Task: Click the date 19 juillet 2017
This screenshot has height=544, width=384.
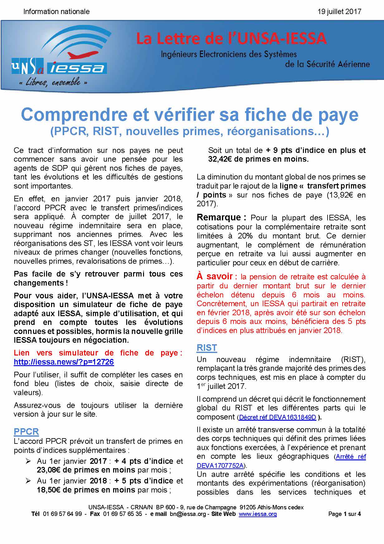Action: [339, 12]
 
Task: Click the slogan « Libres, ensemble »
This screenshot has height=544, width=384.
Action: [53, 82]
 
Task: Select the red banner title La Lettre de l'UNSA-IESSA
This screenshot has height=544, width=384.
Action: [231, 39]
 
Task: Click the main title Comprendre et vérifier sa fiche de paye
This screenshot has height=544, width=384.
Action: [190, 115]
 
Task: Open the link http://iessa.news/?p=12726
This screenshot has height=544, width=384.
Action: [64, 362]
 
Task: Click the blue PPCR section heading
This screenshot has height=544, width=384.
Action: [26, 432]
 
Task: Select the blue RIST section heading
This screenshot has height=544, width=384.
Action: [207, 348]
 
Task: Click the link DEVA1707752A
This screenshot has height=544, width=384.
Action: [220, 465]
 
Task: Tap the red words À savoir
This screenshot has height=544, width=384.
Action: [215, 277]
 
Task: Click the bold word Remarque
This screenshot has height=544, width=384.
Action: [219, 217]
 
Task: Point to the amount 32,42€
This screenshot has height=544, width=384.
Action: [220, 159]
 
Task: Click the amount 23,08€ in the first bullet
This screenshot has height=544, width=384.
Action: [48, 470]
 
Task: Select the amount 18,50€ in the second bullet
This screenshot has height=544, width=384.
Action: [48, 490]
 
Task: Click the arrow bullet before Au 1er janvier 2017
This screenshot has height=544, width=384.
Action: [28, 461]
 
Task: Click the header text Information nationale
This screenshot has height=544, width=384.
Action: [56, 12]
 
